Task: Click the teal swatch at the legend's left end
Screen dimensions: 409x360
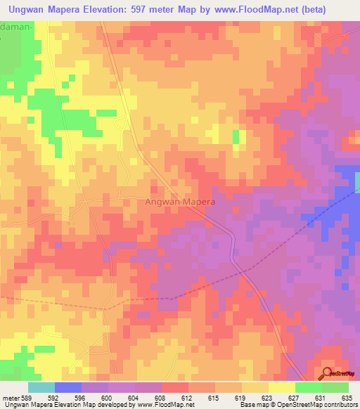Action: click(41, 387)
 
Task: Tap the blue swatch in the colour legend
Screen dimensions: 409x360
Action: click(68, 387)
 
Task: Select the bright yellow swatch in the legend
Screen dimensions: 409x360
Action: click(282, 387)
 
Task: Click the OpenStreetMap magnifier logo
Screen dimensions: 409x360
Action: click(328, 373)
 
